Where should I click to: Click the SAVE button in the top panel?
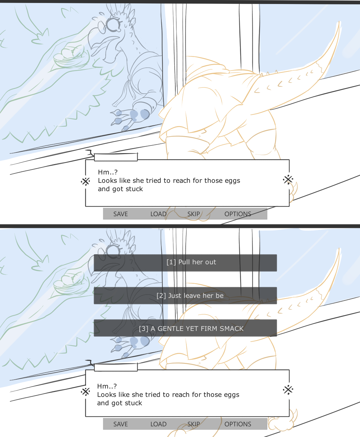pyautogui.click(x=120, y=214)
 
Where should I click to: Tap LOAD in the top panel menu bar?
pyautogui.click(x=158, y=214)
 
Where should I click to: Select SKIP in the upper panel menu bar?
pyautogui.click(x=194, y=214)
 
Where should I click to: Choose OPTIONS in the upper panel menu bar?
pyautogui.click(x=238, y=214)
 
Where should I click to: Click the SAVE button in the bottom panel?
pyautogui.click(x=120, y=424)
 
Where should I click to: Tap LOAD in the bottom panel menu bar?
pyautogui.click(x=158, y=424)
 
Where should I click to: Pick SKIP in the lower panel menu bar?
pyautogui.click(x=194, y=424)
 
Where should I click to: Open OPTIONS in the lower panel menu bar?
pyautogui.click(x=238, y=424)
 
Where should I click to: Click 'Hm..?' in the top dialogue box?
pyautogui.click(x=108, y=172)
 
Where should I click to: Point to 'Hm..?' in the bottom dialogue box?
pyautogui.click(x=107, y=386)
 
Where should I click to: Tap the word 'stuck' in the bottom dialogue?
pyautogui.click(x=133, y=403)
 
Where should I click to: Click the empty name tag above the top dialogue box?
pyautogui.click(x=116, y=157)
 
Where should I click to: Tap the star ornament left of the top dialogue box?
pyautogui.click(x=86, y=181)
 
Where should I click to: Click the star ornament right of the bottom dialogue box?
pyautogui.click(x=288, y=390)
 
